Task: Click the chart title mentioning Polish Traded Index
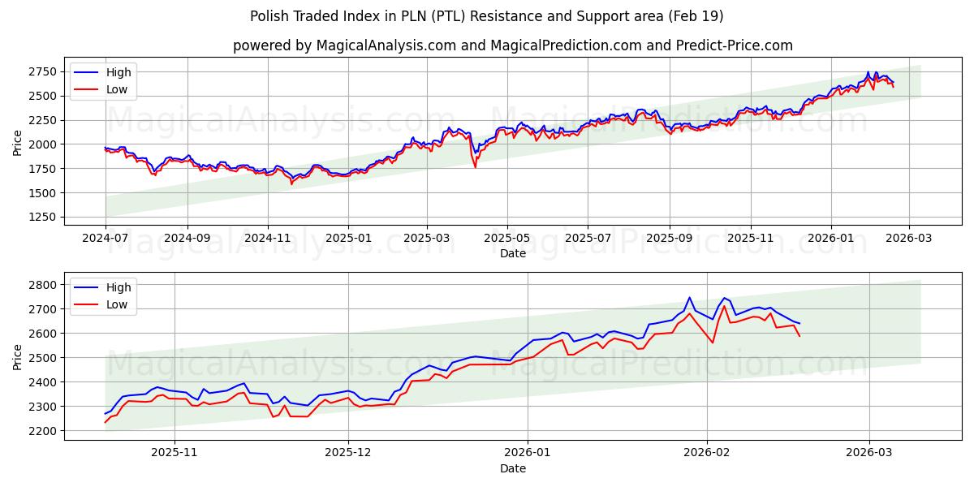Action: (x=487, y=16)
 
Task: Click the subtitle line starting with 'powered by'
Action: (x=513, y=45)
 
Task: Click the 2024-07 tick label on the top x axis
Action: (x=106, y=239)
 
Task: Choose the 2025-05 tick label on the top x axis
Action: (x=507, y=239)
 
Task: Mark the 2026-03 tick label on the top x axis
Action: (x=908, y=239)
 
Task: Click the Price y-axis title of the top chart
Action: (x=18, y=144)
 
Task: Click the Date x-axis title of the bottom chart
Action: (x=513, y=468)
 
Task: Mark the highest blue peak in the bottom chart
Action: (x=689, y=298)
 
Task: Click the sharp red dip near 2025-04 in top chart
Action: (x=475, y=166)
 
